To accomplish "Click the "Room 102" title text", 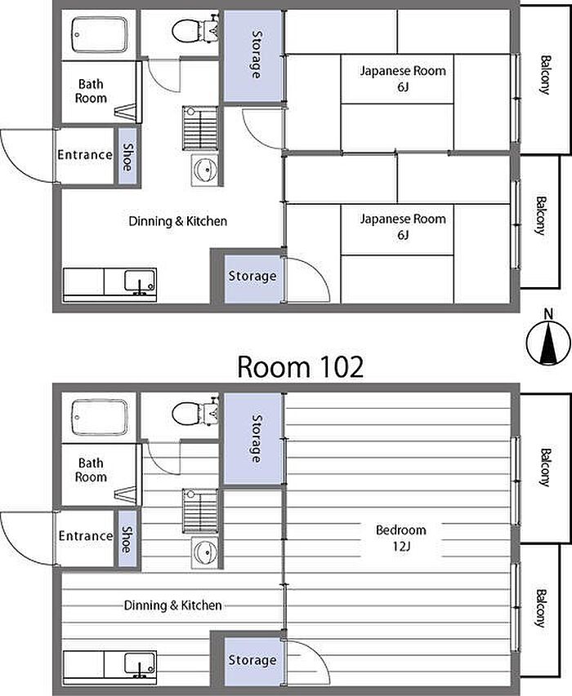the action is point(301,367).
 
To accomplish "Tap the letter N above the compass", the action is point(549,314).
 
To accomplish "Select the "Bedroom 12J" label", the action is point(401,538).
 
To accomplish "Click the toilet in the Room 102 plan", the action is point(195,412).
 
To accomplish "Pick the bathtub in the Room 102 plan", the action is point(99,417).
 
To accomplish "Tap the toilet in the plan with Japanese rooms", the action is point(195,29).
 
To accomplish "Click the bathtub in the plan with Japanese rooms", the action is point(99,34).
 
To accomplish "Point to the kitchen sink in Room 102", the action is point(140,664).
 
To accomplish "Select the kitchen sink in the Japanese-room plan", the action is point(140,282).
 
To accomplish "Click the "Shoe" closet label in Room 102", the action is point(127,539).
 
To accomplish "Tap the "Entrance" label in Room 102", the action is point(85,536).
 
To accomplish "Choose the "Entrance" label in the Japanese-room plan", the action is point(85,154).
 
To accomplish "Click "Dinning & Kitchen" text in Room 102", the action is point(172,605).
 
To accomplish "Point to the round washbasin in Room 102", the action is point(205,552).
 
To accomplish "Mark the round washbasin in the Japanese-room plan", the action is point(205,170).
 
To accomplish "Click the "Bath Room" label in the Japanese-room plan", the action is point(91,91).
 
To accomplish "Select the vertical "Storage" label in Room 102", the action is point(257,438).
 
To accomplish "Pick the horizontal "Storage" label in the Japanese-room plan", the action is point(252,276).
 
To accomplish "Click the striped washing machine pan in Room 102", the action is point(200,511).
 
